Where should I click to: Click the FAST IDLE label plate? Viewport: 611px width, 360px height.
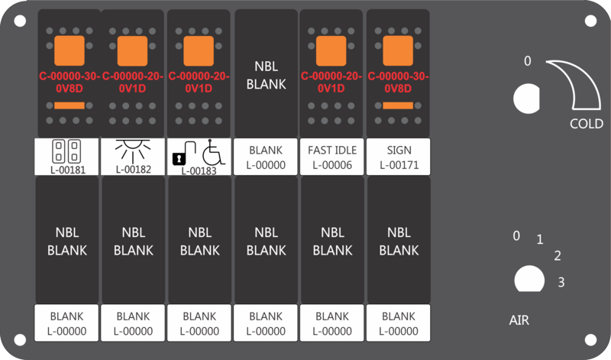pos(331,157)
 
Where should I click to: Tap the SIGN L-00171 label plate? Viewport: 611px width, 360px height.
pos(398,157)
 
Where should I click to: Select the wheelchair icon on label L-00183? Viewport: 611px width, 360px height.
pos(214,152)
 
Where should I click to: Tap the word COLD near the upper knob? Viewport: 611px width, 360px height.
pos(586,124)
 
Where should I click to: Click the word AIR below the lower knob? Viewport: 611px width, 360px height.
pos(519,320)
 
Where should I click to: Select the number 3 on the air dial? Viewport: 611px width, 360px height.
pos(561,282)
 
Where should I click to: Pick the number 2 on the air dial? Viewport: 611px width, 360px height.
pos(558,256)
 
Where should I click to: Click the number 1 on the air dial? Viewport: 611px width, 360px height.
pos(540,239)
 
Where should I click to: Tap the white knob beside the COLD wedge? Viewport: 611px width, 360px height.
pos(526,99)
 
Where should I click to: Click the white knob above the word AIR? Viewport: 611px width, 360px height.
pos(529,279)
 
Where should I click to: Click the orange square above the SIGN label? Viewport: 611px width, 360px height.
pos(398,50)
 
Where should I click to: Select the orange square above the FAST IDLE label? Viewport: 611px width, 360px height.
pos(331,50)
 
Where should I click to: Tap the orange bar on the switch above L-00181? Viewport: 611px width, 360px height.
pos(70,105)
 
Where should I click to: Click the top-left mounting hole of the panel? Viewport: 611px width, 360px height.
pos(20,21)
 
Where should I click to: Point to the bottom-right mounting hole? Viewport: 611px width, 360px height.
pos(590,339)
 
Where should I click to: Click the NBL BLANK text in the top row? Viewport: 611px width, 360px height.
pos(266,75)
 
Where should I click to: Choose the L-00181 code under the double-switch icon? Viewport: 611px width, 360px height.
pos(68,170)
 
